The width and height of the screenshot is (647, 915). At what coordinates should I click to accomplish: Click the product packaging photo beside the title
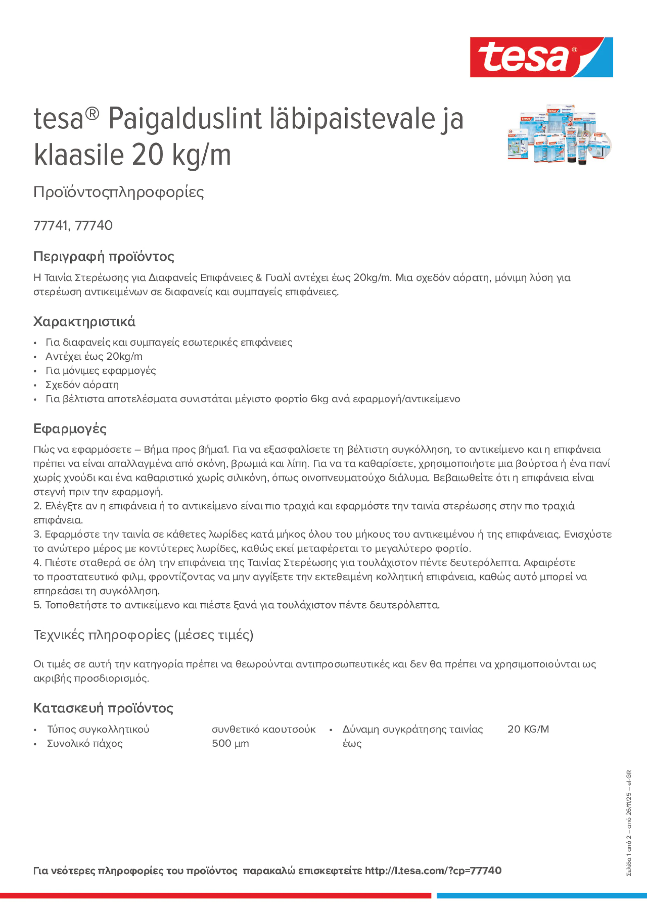559,135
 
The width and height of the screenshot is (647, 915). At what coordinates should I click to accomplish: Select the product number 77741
50,225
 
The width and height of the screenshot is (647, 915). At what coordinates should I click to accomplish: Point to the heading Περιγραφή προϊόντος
104,256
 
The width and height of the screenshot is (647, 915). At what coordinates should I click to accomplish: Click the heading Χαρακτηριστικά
84,322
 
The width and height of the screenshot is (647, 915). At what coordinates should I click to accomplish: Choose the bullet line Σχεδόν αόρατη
82,385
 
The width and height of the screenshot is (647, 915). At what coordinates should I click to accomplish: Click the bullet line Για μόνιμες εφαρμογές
100,371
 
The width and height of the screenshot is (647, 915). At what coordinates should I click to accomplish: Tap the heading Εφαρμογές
70,429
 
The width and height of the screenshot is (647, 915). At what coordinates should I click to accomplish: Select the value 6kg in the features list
319,399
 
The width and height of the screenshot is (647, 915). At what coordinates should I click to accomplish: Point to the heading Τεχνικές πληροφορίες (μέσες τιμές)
143,635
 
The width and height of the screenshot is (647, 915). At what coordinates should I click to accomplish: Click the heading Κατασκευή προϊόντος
103,708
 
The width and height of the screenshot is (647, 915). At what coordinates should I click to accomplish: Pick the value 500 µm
230,743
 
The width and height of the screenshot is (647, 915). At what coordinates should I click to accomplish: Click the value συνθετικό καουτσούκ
263,729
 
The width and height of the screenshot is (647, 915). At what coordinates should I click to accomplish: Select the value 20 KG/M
528,729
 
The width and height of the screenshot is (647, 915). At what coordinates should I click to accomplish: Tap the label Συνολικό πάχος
85,743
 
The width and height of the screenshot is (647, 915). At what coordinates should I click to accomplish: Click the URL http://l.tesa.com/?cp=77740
433,871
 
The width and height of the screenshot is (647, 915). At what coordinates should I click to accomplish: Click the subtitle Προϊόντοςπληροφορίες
119,192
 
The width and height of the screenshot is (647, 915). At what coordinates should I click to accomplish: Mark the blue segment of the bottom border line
541,895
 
